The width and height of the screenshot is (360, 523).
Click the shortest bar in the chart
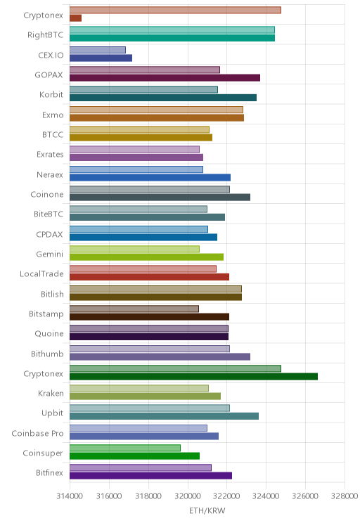[x=75, y=18]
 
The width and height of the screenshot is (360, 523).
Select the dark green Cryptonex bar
[x=193, y=377]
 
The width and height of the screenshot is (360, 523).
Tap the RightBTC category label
[x=46, y=34]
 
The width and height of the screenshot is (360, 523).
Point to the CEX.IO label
[x=51, y=55]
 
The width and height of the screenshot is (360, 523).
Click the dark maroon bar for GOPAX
[x=165, y=78]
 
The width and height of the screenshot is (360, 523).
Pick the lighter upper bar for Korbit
[x=144, y=90]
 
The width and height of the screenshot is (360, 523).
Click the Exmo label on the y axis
[x=53, y=115]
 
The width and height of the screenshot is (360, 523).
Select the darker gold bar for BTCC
[x=141, y=137]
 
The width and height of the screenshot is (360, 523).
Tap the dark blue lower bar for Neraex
[x=150, y=177]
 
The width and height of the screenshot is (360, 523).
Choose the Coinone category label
[x=47, y=194]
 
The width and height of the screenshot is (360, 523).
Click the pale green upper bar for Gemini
[x=134, y=249]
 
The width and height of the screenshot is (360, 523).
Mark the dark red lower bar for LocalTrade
[x=150, y=277]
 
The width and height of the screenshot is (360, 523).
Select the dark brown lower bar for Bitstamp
[x=150, y=317]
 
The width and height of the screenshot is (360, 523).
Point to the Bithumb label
[x=47, y=354]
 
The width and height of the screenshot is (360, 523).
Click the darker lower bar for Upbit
[x=164, y=416]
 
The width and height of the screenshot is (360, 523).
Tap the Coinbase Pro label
[x=37, y=433]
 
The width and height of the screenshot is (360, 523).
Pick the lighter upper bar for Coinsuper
[x=125, y=448]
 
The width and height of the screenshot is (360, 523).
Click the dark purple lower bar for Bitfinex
[x=150, y=476]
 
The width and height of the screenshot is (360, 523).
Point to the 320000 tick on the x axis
[x=188, y=496]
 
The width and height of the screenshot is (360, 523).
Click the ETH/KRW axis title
[x=207, y=510]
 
